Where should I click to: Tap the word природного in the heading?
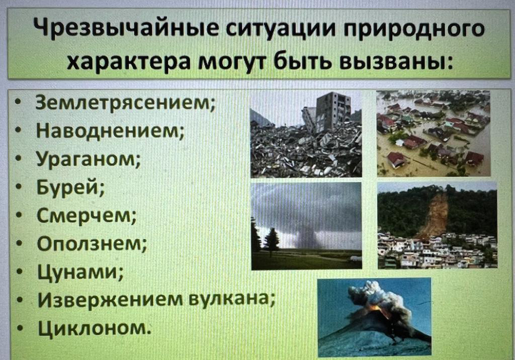tap(413, 29)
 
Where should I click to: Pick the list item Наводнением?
tap(110, 131)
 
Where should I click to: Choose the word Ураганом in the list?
tap(89, 159)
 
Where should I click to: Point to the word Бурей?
tap(70, 188)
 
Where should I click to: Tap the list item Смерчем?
tap(87, 216)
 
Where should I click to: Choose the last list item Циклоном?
tap(95, 328)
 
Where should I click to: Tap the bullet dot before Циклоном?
tap(20, 328)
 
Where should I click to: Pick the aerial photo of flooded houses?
tap(433, 134)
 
